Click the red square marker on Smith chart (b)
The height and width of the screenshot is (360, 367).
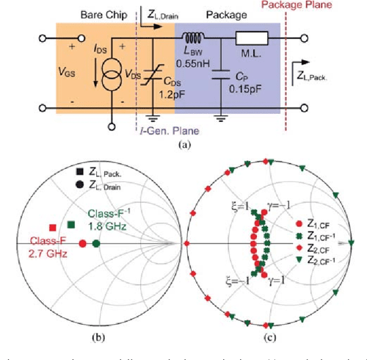(53, 228)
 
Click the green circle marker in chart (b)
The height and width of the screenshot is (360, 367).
(96, 243)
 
